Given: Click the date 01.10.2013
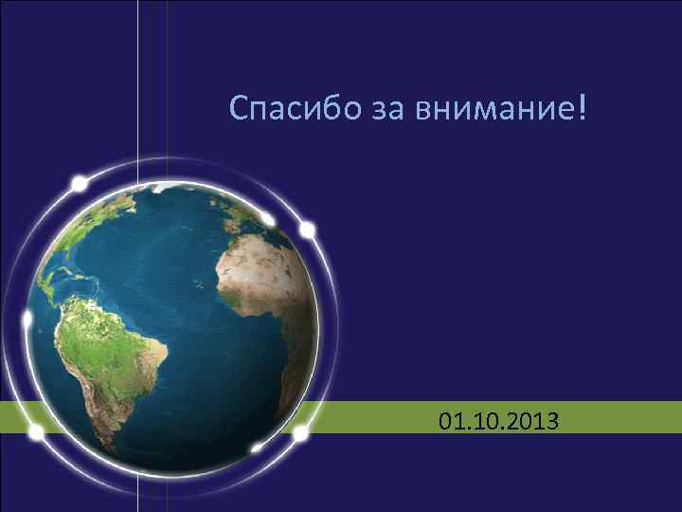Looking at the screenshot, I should (x=499, y=418).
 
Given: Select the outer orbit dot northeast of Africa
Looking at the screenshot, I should (x=308, y=229).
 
